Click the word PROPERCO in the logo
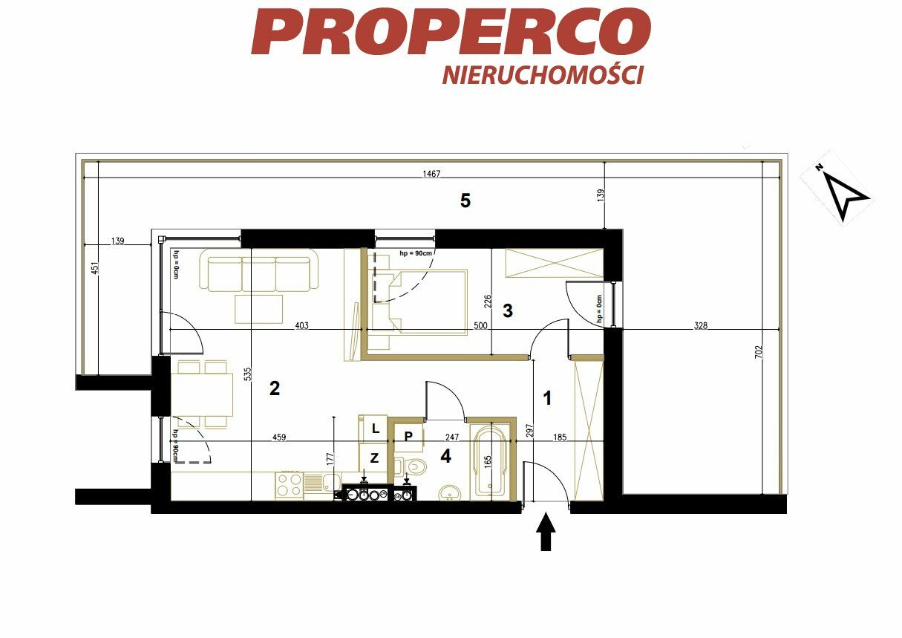click(x=451, y=31)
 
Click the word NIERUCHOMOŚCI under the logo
click(x=543, y=75)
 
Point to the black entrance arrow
click(x=546, y=531)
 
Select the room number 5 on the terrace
click(x=465, y=201)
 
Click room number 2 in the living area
click(x=275, y=388)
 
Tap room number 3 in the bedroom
click(x=508, y=310)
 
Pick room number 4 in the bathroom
click(x=445, y=456)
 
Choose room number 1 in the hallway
click(x=547, y=398)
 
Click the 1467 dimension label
click(x=431, y=174)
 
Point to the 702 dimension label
click(x=759, y=353)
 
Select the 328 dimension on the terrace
click(x=701, y=325)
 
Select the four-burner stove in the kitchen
click(x=289, y=486)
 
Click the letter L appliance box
click(x=373, y=429)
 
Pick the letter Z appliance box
click(x=373, y=458)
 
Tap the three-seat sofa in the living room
click(x=259, y=270)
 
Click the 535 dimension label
click(x=248, y=374)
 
